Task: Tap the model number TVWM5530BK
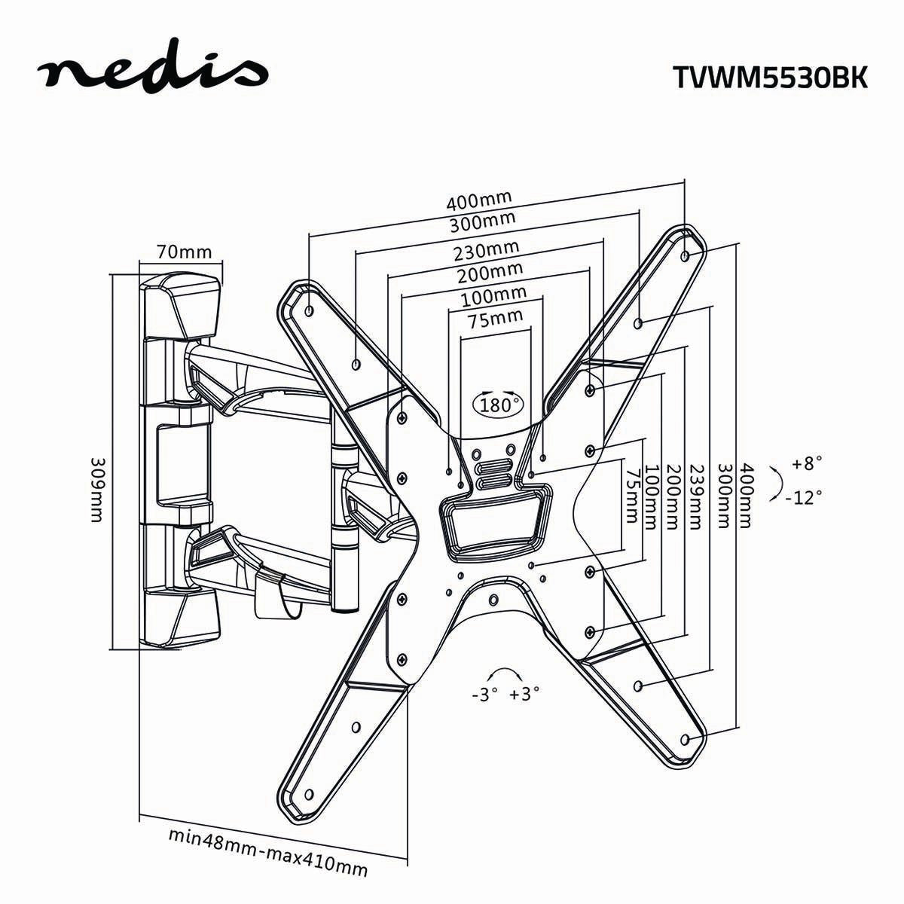768,78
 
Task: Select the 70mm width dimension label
184,252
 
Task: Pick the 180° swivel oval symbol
497,404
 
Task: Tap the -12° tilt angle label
803,497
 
